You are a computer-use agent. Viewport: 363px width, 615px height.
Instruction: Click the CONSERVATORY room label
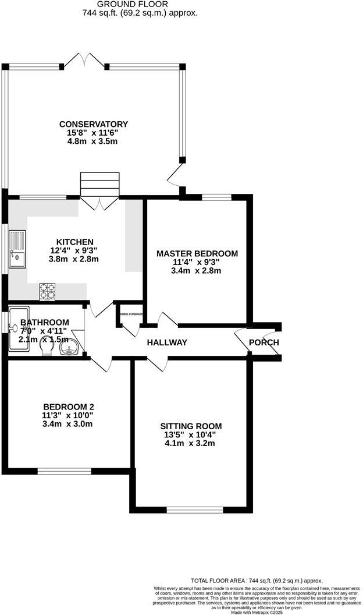click(93, 124)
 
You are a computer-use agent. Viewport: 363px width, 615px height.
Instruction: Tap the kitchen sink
click(17, 249)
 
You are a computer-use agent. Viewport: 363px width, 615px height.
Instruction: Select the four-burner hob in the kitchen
click(47, 289)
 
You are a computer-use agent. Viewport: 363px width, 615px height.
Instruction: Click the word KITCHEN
click(74, 242)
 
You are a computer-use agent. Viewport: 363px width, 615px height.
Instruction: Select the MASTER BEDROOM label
click(197, 253)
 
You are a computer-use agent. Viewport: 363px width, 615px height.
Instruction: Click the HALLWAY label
click(167, 342)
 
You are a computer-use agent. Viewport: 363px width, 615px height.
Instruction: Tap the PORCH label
click(264, 342)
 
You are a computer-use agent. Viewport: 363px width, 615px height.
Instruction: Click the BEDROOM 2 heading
click(68, 407)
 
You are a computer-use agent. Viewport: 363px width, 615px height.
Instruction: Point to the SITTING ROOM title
click(193, 426)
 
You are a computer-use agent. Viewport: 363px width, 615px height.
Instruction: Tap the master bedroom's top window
click(216, 197)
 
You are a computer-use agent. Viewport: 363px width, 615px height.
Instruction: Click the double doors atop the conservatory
click(86, 59)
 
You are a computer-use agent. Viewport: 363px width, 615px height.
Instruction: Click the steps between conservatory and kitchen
click(99, 185)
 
